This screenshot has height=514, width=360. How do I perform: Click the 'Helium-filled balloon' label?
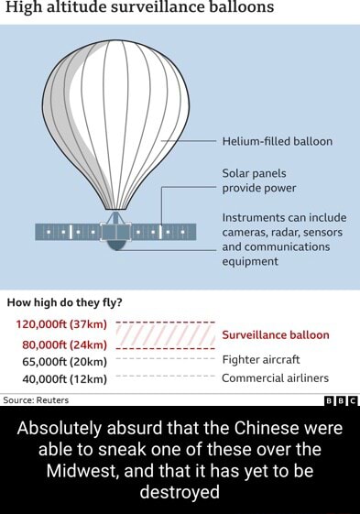(277, 142)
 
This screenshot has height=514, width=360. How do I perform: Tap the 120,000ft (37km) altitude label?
(62, 324)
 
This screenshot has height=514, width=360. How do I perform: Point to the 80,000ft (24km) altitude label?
(61, 344)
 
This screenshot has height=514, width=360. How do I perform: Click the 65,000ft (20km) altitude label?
(61, 361)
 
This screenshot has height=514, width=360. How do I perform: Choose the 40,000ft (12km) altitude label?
(61, 377)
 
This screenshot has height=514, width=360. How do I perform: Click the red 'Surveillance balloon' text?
(275, 334)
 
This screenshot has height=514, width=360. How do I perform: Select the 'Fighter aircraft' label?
(261, 361)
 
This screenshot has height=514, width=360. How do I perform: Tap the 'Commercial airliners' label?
(275, 377)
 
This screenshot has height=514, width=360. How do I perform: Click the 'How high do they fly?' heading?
(65, 302)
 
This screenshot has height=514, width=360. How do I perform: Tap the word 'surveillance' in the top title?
(160, 8)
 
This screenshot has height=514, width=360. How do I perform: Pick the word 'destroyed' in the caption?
(180, 492)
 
